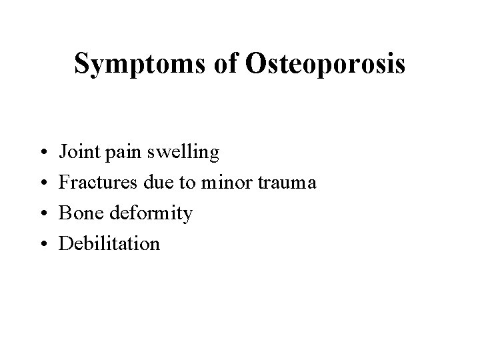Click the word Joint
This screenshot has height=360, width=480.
(x=76, y=153)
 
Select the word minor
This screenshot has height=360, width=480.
(x=226, y=183)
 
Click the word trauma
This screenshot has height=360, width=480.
(x=289, y=183)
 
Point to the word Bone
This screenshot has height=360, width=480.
(x=77, y=213)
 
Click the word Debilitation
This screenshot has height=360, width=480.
(x=110, y=243)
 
